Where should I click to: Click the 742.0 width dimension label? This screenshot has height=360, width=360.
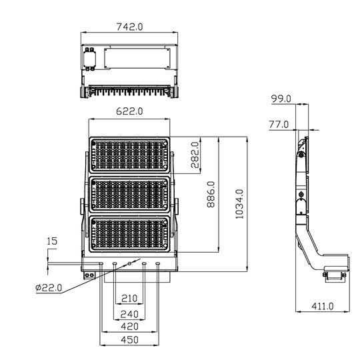tap(129, 27)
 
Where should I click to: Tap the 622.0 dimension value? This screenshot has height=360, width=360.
tap(129, 111)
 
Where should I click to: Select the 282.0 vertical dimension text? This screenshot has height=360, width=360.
tap(195, 155)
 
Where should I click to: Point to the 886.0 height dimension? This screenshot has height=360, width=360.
tap(211, 194)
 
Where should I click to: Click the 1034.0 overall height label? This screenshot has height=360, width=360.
tap(239, 204)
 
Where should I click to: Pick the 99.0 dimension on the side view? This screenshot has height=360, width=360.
tap(281, 99)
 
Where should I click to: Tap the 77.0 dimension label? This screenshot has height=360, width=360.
tap(279, 125)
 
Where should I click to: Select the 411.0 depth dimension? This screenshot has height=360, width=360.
tap(323, 306)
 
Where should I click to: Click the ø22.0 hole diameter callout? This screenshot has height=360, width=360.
tap(49, 287)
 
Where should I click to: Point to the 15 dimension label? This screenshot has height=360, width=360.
tap(52, 241)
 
